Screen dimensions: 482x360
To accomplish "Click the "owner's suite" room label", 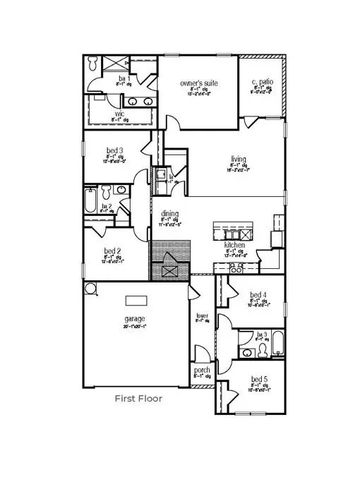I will (197, 83).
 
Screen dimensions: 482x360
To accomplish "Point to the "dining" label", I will (169, 214).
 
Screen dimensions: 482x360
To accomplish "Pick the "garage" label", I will (135, 319).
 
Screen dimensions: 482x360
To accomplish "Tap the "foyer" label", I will (202, 315).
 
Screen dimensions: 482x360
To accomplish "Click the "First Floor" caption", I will (138, 399).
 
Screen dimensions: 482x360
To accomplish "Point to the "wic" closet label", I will (120, 113).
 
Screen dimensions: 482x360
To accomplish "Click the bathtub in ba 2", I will (90, 200).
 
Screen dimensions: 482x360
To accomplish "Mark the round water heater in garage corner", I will (90, 289).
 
